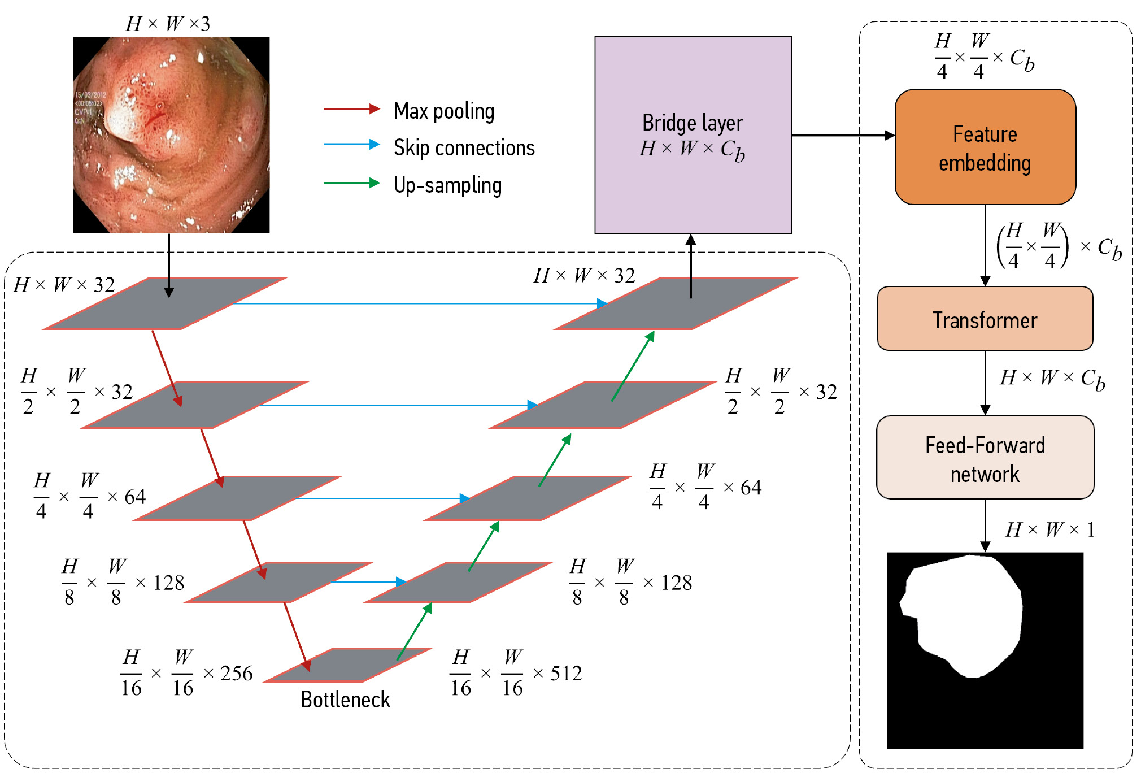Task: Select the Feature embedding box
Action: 985,147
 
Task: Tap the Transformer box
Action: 985,319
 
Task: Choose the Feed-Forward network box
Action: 985,458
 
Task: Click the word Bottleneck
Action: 345,700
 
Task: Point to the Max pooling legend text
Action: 444,111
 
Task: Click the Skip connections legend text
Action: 464,148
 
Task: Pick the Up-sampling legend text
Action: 447,185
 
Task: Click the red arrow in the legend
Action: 351,108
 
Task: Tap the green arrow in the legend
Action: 351,183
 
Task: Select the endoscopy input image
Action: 171,135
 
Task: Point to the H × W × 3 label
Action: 168,24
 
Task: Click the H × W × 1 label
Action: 1050,530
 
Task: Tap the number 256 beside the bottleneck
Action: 236,673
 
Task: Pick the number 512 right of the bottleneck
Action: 566,673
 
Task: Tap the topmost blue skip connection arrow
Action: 418,303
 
